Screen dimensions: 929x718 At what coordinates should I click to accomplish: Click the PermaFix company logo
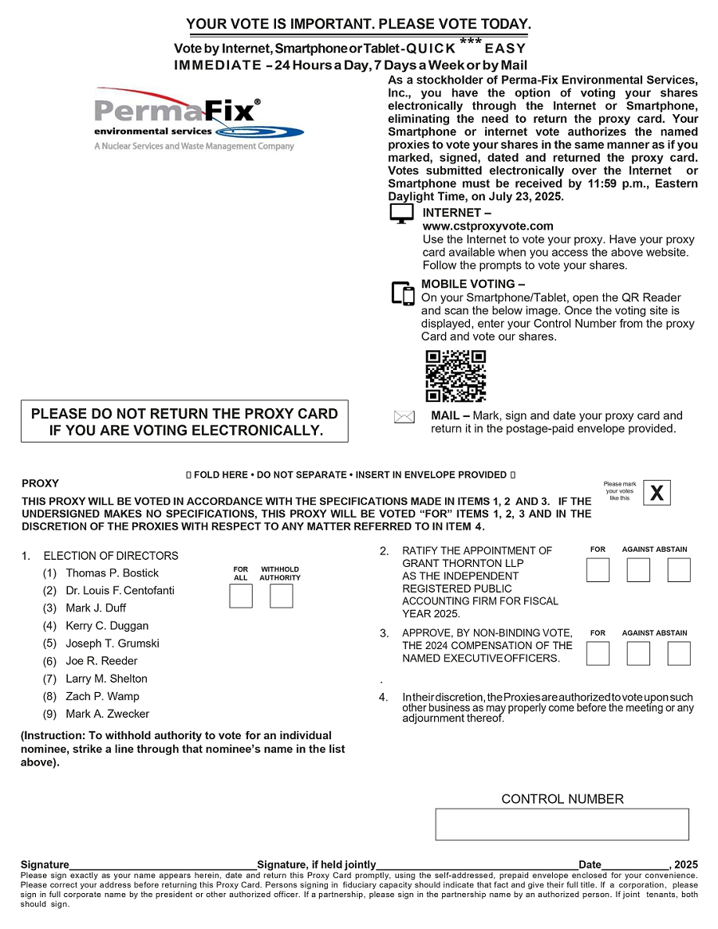tap(198, 118)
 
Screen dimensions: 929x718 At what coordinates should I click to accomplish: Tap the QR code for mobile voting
tap(456, 376)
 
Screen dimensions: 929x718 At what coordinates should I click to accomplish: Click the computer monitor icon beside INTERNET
tap(401, 214)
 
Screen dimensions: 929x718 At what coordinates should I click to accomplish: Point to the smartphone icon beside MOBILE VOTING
tap(403, 293)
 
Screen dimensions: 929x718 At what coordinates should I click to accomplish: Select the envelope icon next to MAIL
tap(404, 417)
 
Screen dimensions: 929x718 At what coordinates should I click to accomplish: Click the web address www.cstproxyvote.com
tap(487, 226)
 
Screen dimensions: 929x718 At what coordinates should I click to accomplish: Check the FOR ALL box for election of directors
tap(241, 596)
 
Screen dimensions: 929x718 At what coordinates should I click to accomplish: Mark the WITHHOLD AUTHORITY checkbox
tap(281, 596)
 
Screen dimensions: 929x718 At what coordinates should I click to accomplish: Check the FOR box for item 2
tap(598, 570)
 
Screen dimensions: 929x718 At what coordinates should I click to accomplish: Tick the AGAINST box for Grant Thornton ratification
tap(638, 570)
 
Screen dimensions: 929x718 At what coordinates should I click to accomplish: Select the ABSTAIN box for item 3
tap(679, 653)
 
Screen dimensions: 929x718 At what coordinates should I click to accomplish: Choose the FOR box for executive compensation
tap(598, 653)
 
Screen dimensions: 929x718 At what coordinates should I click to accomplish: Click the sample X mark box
tap(657, 494)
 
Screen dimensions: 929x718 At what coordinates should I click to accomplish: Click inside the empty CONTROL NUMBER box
tap(562, 824)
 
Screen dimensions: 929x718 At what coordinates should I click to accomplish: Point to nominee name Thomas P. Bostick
tap(112, 573)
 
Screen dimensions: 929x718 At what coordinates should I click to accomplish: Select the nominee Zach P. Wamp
tap(102, 696)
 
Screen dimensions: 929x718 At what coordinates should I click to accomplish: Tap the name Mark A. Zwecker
tap(107, 714)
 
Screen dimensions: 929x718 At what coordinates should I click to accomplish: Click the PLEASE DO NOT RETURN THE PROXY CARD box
tap(184, 422)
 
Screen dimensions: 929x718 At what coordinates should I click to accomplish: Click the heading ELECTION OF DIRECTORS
tap(111, 556)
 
